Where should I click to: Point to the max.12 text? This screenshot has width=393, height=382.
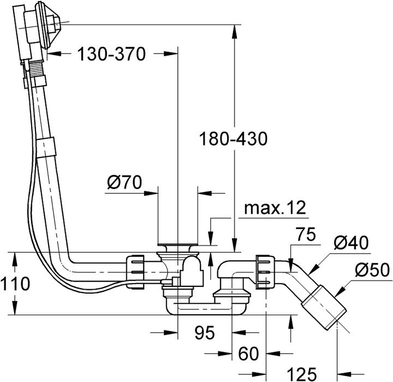pos(275,208)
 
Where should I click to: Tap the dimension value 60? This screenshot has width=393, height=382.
pos(248,354)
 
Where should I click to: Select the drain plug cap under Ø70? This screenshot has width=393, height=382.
pos(177,246)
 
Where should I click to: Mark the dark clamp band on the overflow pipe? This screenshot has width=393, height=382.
pos(48,147)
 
